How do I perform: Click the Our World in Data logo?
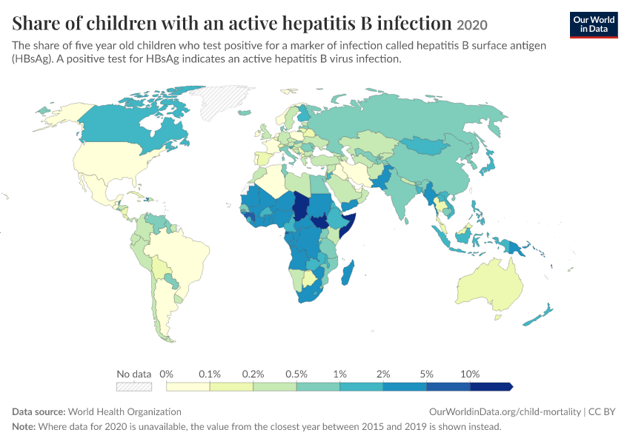[594, 25]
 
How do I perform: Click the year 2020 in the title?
[471, 25]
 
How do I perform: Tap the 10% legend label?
[470, 374]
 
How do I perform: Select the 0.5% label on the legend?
[296, 374]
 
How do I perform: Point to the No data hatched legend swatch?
[134, 386]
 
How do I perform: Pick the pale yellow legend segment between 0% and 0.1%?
[188, 386]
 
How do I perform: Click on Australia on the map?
[490, 285]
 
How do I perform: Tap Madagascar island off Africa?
[348, 273]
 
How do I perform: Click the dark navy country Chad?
[300, 206]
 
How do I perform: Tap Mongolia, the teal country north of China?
[426, 146]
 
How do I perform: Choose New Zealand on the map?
[539, 315]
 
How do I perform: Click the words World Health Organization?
[125, 412]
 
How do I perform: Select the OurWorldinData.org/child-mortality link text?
[505, 412]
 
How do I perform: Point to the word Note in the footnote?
[24, 426]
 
